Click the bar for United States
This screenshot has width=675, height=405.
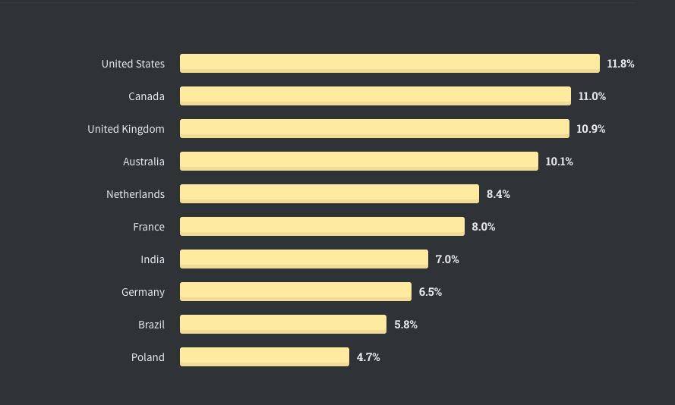tap(390, 63)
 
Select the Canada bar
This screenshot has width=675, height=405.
tap(375, 96)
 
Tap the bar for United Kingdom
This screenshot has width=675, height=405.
tap(374, 128)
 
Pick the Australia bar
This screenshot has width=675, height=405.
tap(359, 162)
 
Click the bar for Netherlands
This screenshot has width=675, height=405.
tap(330, 194)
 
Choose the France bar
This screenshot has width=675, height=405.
tap(322, 227)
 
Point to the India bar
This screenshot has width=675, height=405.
tap(304, 259)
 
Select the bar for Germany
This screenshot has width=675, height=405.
tap(296, 292)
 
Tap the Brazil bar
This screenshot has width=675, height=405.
tap(283, 325)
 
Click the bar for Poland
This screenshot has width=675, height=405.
tap(264, 357)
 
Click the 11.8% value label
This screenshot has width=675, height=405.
tap(620, 64)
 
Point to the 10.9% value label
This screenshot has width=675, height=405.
tap(591, 129)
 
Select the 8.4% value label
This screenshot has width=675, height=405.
tap(498, 194)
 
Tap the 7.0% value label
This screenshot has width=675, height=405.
tap(447, 259)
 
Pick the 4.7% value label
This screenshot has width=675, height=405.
tap(368, 357)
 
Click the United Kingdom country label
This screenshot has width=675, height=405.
tap(126, 129)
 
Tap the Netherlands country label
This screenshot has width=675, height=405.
tap(135, 194)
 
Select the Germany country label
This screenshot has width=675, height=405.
tap(143, 292)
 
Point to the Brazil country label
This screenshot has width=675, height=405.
tap(151, 325)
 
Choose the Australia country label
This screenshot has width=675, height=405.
tap(144, 162)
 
